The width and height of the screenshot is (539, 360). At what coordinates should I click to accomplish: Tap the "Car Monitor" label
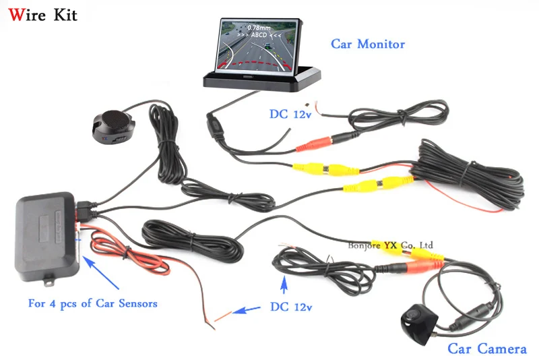(x=367, y=44)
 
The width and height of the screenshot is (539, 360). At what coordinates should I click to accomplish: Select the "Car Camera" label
(x=486, y=349)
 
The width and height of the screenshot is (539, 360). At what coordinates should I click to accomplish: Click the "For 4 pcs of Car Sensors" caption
(x=92, y=303)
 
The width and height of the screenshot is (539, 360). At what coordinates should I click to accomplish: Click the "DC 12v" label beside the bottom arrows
(x=292, y=307)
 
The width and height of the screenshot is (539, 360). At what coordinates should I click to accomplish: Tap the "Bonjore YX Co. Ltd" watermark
(x=391, y=245)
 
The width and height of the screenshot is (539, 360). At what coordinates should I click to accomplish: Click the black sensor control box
(x=46, y=235)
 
